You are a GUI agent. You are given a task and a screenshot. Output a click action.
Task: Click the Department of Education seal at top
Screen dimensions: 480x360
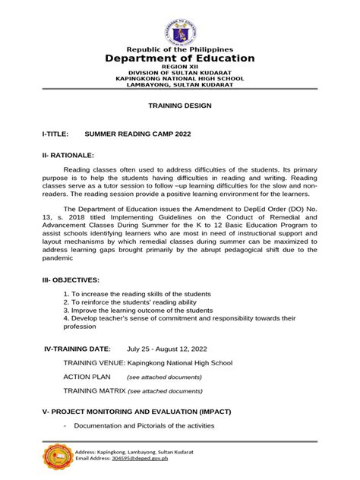point(179,24)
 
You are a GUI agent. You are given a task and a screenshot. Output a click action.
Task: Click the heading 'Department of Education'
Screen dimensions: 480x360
point(179,58)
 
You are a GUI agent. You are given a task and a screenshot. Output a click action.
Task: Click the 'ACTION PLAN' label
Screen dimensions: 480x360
point(87,377)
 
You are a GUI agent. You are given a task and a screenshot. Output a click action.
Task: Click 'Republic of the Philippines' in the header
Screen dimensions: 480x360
point(179,49)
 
